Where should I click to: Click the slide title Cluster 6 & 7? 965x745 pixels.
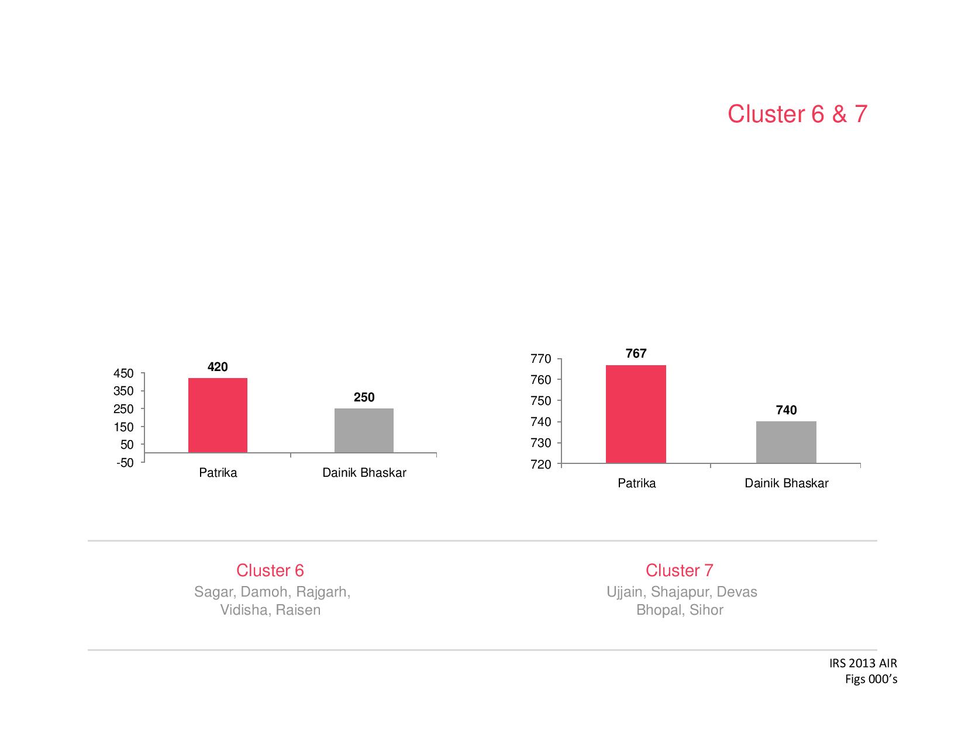click(797, 114)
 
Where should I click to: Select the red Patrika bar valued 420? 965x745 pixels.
click(218, 415)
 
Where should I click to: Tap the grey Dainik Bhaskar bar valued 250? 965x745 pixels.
click(364, 431)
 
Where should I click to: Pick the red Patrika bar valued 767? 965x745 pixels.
click(636, 414)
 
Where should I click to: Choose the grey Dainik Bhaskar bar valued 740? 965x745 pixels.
click(786, 442)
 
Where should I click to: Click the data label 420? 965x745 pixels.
click(218, 367)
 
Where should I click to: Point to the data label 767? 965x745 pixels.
click(636, 354)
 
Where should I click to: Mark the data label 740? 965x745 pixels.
click(786, 410)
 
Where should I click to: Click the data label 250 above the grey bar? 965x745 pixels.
click(364, 397)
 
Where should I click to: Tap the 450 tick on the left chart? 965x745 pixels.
click(123, 373)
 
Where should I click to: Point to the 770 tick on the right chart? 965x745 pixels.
click(541, 359)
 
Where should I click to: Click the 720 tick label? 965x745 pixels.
click(541, 465)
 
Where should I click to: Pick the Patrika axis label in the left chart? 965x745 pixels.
click(218, 473)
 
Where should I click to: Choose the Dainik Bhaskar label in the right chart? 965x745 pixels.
click(786, 483)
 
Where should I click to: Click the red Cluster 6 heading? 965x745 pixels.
click(270, 570)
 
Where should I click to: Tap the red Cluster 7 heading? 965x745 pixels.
click(679, 570)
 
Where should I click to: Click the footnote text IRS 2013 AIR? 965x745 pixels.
click(863, 663)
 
